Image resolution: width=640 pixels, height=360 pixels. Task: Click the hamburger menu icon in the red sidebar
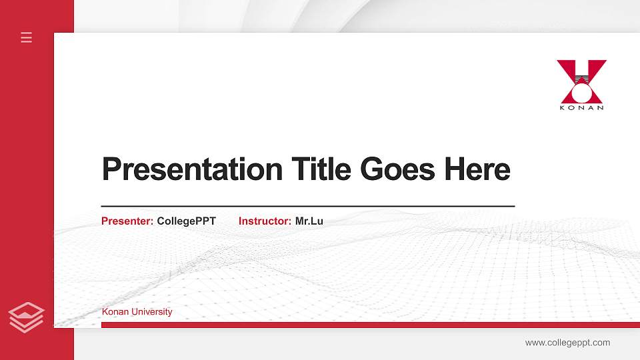click(x=27, y=37)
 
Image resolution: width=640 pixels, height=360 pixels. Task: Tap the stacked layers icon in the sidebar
click(x=27, y=317)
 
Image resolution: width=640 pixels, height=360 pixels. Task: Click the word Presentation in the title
click(x=192, y=169)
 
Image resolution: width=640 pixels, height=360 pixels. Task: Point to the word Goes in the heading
click(x=398, y=169)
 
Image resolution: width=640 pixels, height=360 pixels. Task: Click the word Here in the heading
click(x=477, y=169)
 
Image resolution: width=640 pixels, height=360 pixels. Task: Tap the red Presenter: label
click(x=127, y=221)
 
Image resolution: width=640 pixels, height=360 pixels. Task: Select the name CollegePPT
click(x=186, y=221)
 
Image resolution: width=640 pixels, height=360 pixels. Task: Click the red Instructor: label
click(x=265, y=221)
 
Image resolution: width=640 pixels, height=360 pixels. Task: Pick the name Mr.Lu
click(x=309, y=221)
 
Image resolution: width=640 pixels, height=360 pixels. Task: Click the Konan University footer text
click(x=137, y=312)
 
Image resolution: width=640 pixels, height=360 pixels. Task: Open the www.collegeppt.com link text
click(x=567, y=343)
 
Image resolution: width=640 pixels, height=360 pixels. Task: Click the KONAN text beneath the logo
click(x=581, y=107)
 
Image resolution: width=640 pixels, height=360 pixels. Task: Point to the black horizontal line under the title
click(x=307, y=207)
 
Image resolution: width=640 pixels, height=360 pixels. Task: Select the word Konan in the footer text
click(x=114, y=312)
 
